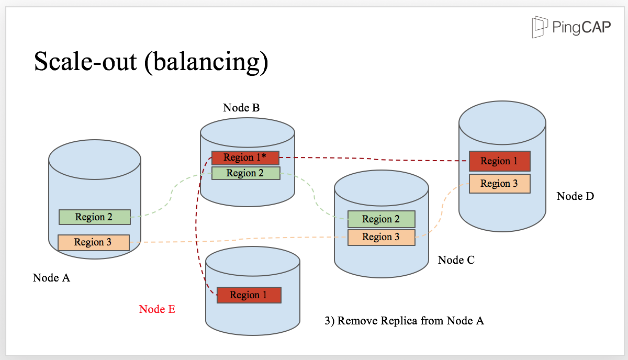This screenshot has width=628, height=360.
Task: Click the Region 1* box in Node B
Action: click(245, 157)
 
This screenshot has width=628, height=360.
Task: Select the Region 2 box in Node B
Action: click(245, 173)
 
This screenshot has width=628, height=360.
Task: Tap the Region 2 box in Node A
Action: click(95, 217)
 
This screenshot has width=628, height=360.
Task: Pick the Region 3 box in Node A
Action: click(94, 242)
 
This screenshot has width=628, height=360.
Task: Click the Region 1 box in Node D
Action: click(500, 161)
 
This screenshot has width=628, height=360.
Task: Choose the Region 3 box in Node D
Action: click(500, 184)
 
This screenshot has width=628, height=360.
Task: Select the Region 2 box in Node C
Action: click(382, 219)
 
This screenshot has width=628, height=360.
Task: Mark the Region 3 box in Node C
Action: click(382, 237)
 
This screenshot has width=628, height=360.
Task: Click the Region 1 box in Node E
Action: click(249, 295)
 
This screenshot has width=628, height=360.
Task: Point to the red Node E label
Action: click(158, 309)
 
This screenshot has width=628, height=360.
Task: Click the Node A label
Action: click(51, 278)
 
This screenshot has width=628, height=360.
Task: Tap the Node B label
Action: click(241, 108)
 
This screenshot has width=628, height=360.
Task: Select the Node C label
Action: click(456, 260)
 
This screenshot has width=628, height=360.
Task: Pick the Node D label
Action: click(575, 196)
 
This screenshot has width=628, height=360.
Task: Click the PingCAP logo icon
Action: click(540, 27)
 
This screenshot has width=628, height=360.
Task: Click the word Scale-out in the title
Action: click(85, 62)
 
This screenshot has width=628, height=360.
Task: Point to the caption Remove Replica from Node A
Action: click(410, 321)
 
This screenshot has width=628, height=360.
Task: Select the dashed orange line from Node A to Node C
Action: click(239, 239)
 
